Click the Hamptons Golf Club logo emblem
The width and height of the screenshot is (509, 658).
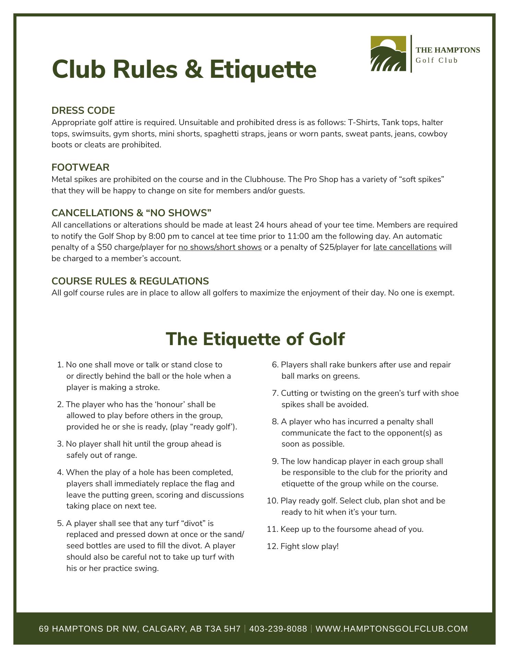(388, 54)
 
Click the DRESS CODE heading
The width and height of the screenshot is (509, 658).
(83, 110)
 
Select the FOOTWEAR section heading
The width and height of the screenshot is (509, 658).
(80, 167)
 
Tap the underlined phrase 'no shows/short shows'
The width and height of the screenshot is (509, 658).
(220, 247)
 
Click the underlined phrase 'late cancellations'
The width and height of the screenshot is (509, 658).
(405, 247)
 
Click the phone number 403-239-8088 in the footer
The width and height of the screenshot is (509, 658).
(278, 629)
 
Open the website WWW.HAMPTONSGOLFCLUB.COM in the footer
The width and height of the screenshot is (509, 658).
(391, 629)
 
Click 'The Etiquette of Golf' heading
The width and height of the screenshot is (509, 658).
(255, 339)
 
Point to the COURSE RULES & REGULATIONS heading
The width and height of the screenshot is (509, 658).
(130, 281)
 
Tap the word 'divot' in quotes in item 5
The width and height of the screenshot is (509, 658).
(195, 523)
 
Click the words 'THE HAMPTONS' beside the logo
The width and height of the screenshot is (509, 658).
(448, 50)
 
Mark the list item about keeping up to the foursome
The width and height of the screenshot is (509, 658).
(352, 529)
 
